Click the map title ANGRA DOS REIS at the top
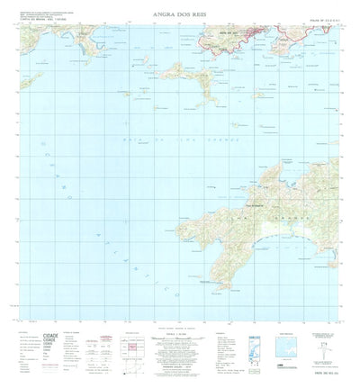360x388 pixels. point(179,14)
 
